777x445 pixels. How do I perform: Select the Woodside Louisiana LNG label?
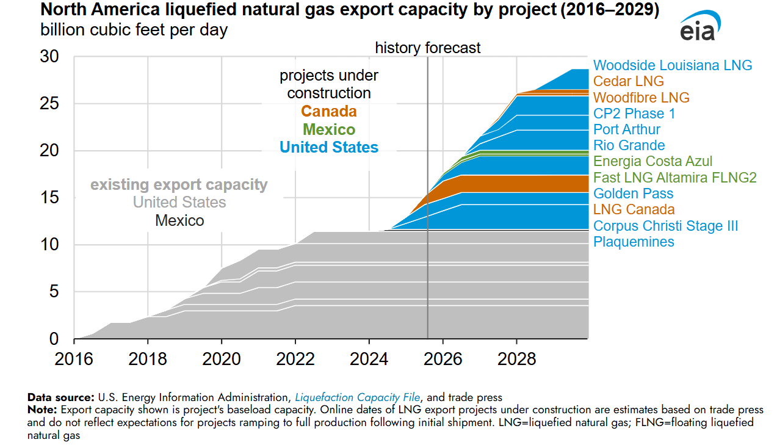pos(673,65)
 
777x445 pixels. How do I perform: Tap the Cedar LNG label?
pos(628,81)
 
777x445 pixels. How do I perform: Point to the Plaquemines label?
pos(634,242)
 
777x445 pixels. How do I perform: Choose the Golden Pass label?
pos(633,194)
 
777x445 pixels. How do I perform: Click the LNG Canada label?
pos(634,209)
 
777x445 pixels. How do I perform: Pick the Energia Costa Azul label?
pos(652,162)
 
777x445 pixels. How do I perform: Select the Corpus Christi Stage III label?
pos(665,226)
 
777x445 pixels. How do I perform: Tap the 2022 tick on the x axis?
pos(295,358)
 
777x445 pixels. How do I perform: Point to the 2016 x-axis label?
pos(74,358)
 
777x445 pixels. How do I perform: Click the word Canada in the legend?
pos(328,112)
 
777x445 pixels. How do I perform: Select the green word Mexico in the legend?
pos(328,129)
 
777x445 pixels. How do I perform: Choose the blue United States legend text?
pos(328,147)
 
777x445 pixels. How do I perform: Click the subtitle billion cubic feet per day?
pos(134,30)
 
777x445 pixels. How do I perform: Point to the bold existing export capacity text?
pos(179,184)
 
